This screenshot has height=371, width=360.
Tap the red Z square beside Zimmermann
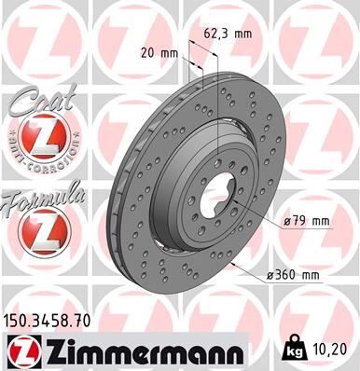[x=20, y=351]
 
